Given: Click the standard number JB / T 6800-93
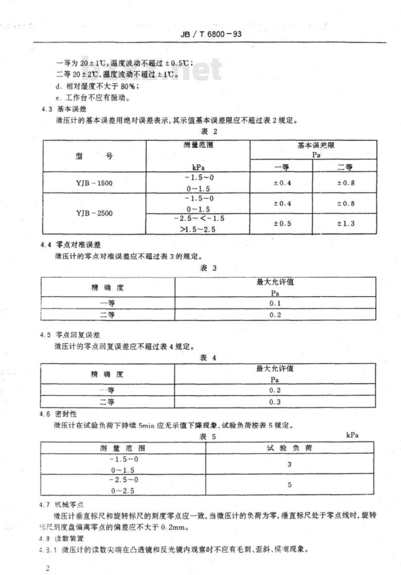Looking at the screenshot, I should pos(211,34).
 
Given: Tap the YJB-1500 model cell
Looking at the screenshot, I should pos(94,183).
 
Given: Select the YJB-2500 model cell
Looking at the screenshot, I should pos(94,213).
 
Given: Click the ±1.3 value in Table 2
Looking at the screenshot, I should pos(346,223).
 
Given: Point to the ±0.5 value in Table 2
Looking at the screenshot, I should pos(282,223).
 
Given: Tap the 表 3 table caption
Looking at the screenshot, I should pos(208,268).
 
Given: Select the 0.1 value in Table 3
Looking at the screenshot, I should pos(275,303).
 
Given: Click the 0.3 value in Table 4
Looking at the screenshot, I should pos(275,402).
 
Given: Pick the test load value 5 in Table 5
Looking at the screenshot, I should pos(290,485).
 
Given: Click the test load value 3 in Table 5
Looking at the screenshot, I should pos(290,465).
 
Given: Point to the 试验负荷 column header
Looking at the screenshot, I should pos(290,448).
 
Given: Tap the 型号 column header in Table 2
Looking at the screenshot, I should pos(94,156).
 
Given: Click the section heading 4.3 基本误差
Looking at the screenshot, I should pos(64,109).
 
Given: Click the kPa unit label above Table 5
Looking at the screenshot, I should pos(352,435).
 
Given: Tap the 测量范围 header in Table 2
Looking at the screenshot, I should pos(198,145).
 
